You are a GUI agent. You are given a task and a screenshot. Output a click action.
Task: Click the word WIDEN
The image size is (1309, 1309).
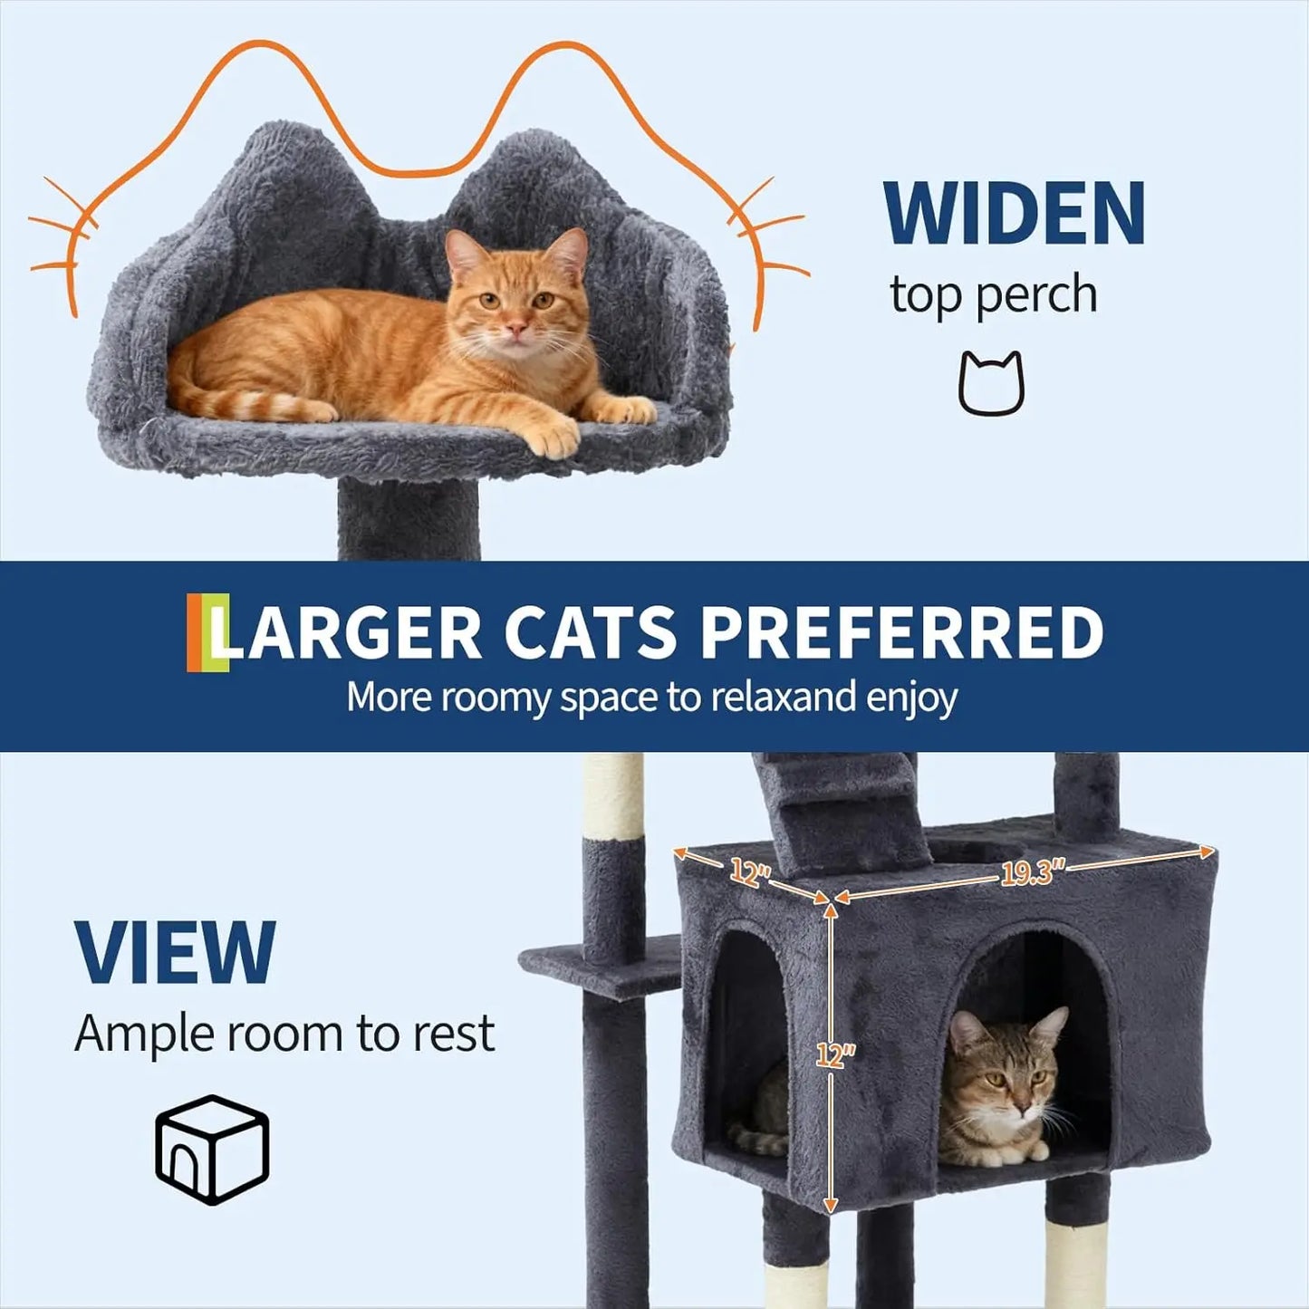tap(1014, 214)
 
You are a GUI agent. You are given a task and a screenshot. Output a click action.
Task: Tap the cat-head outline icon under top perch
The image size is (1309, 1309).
tap(991, 384)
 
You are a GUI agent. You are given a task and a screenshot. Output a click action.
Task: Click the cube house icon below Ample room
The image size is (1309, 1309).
tap(212, 1149)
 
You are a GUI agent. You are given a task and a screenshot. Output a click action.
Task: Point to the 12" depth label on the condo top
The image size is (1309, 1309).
tap(750, 873)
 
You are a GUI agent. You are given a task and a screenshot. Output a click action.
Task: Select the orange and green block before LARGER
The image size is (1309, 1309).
tap(207, 632)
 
